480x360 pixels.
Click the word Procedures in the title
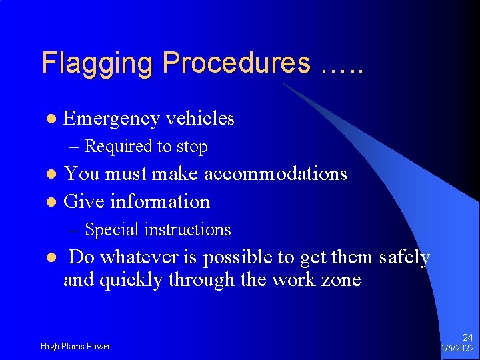236,64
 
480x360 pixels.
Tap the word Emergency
111,119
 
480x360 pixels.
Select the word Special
113,230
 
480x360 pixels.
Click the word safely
404,257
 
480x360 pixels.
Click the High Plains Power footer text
75,346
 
